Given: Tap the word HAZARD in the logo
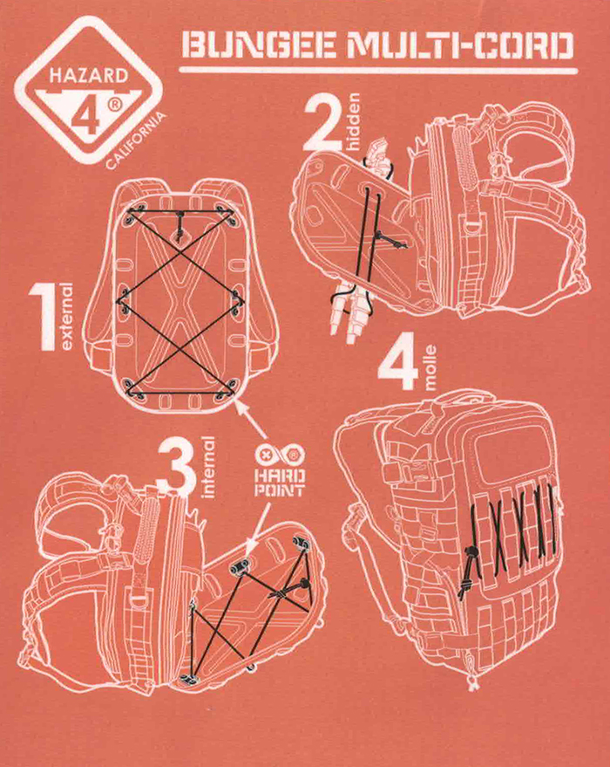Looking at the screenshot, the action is pos(88,76).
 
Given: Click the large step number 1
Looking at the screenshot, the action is pos(43,317).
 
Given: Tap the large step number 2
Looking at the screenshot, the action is pos(322,123).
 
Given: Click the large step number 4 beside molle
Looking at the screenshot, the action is pos(398,362).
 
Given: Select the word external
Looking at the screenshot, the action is pos(68,317).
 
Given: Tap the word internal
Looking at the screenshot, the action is pos(208,467).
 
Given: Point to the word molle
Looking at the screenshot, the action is pos(430,366).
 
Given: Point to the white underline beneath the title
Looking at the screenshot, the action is pos(378,71).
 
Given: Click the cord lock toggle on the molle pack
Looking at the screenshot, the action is pos(471,551).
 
